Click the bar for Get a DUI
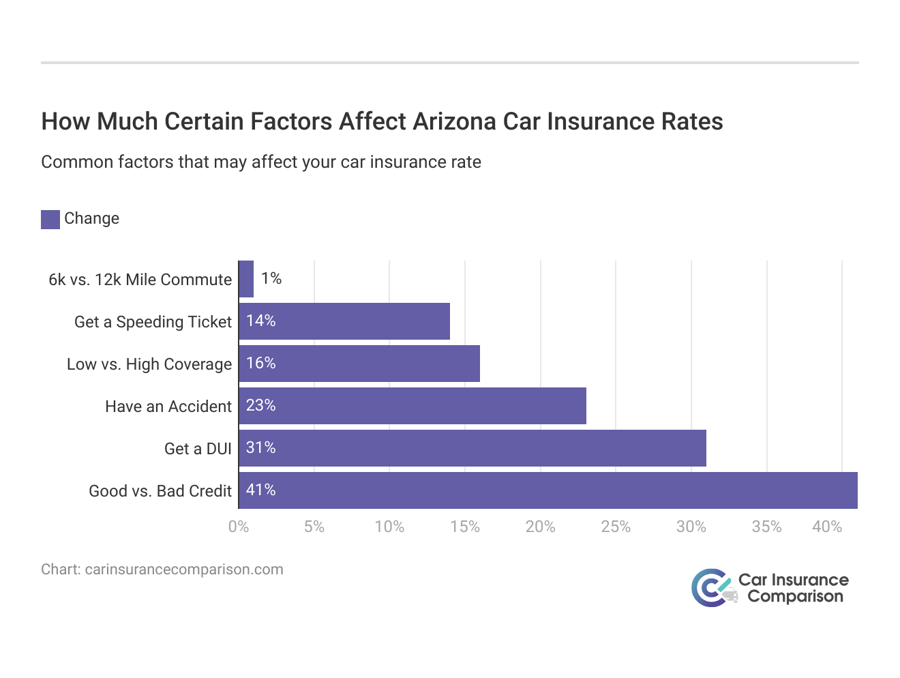tap(472, 448)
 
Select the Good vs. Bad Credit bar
tap(548, 490)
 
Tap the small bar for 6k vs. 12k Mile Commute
tap(246, 279)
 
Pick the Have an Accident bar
tap(412, 406)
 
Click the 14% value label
tap(260, 321)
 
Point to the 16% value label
tap(260, 364)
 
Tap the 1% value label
tap(271, 278)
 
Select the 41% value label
tap(260, 490)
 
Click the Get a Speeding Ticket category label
tap(153, 322)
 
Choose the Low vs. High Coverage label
tap(149, 364)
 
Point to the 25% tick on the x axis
tap(615, 527)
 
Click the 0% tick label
tap(239, 527)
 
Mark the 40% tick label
tap(826, 527)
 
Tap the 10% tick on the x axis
tap(389, 527)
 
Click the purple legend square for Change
tap(50, 219)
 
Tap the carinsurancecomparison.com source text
tap(183, 570)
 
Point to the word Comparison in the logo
tap(795, 597)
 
